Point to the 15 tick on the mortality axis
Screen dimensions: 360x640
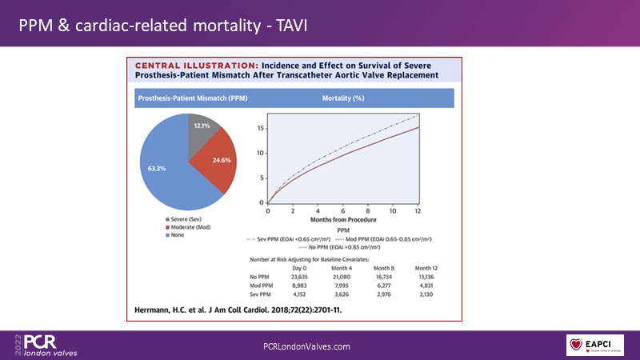(259, 128)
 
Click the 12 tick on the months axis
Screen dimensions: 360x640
(418, 210)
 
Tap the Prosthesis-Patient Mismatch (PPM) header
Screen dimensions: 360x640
(182, 98)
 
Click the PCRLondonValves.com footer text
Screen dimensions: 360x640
(306, 345)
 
